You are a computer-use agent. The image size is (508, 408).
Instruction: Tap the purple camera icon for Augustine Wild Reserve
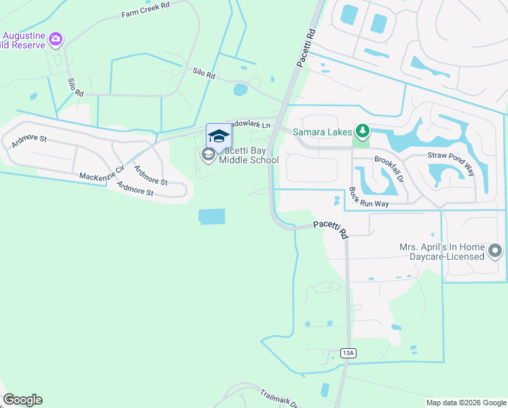click(x=56, y=39)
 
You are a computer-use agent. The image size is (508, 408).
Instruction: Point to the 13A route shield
click(x=348, y=352)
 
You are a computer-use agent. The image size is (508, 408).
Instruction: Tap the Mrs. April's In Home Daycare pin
click(x=495, y=252)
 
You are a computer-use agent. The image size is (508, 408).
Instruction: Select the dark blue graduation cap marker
click(x=219, y=135)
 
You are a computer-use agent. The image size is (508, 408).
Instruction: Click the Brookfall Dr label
click(x=390, y=167)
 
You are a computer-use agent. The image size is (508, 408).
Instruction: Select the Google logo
click(x=22, y=400)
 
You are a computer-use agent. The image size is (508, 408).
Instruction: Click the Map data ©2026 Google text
click(x=466, y=403)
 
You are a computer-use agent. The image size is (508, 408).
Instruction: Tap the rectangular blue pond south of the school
click(x=211, y=217)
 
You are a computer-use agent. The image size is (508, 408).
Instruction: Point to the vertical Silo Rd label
click(x=75, y=86)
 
